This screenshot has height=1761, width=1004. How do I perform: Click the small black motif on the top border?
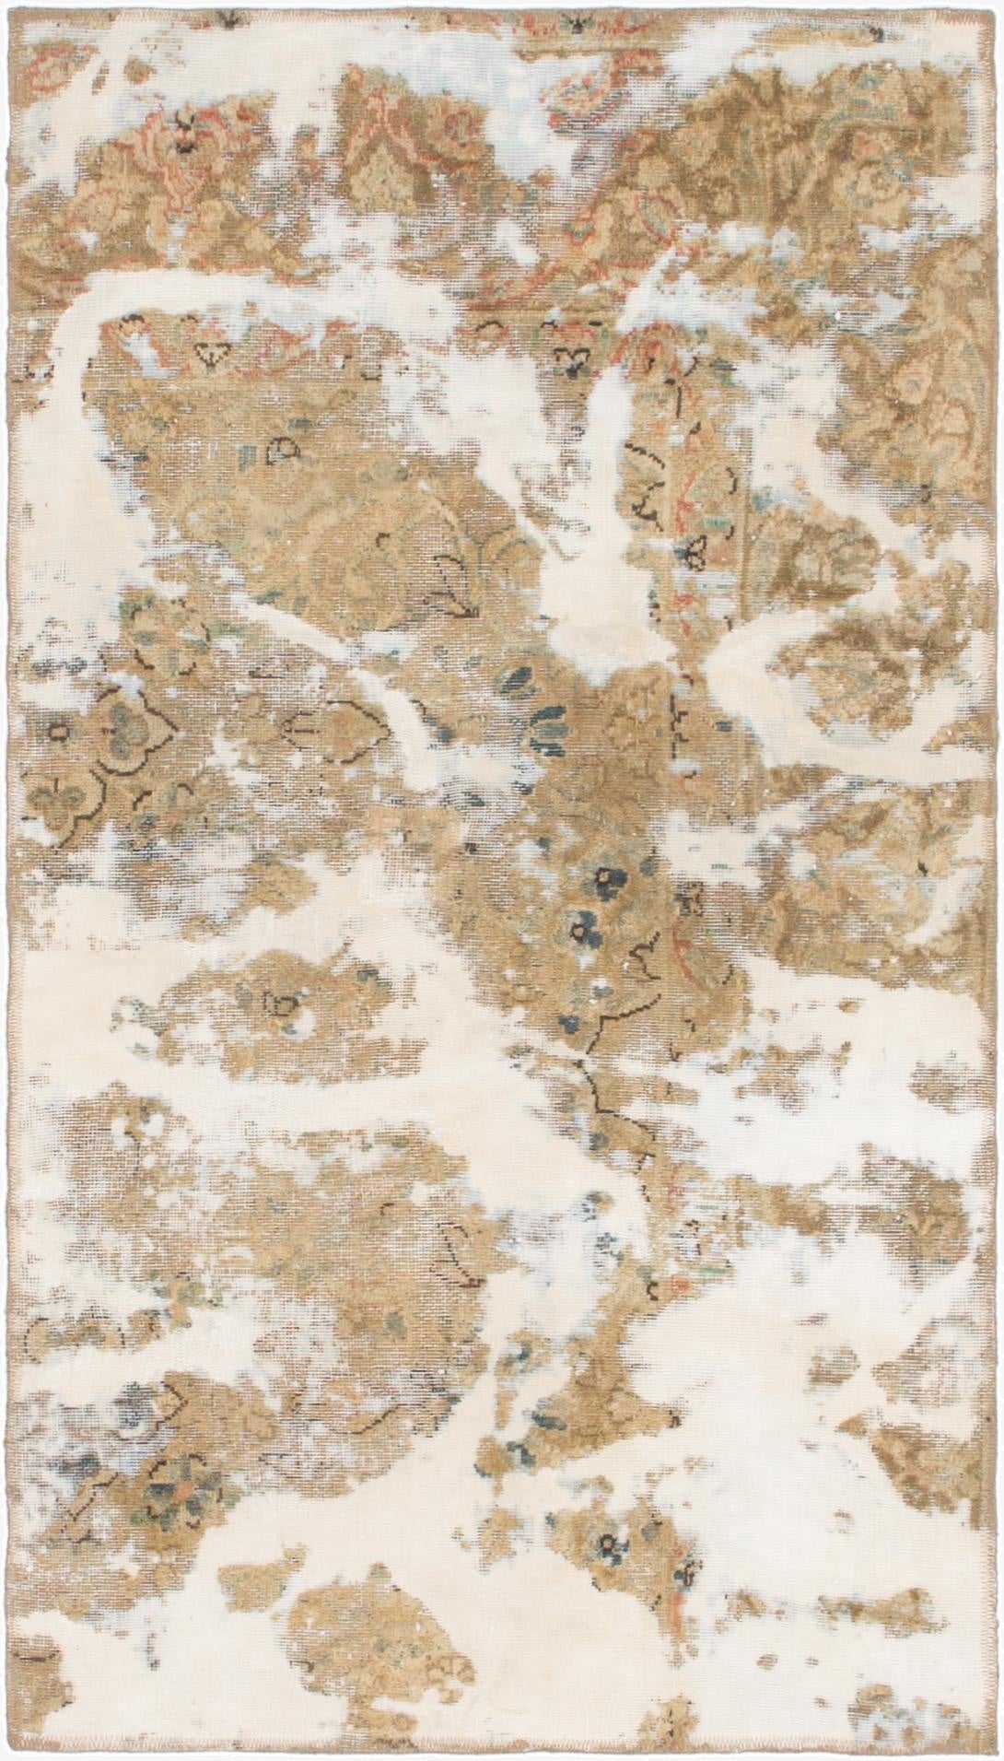[578, 20]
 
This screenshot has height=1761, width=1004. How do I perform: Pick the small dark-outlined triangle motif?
[214, 353]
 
